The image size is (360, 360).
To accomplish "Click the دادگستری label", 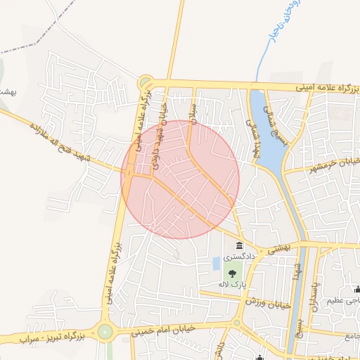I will (240, 258).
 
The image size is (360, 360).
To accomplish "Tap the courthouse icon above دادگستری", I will (240, 246).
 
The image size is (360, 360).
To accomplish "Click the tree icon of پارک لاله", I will (232, 274).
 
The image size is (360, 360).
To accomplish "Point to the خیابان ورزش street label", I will (267, 303).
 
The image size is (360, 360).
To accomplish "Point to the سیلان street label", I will (191, 108).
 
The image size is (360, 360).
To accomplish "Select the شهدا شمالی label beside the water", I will (252, 134).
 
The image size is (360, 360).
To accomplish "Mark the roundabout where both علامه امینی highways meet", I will (146, 82).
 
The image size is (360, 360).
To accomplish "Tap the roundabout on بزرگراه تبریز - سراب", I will (105, 331).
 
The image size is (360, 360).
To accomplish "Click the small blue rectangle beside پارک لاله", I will (216, 264).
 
